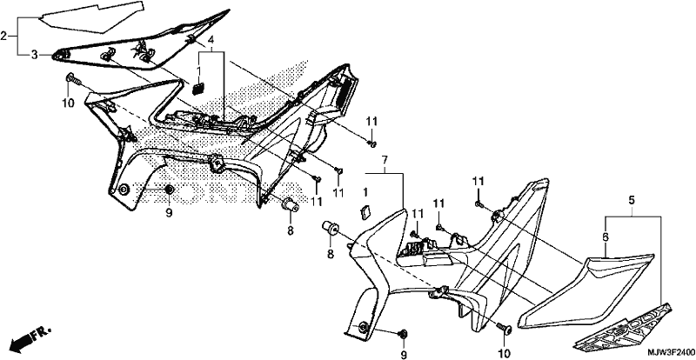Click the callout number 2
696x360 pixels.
click(3, 36)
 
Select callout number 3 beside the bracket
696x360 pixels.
click(34, 55)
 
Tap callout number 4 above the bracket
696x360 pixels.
click(211, 38)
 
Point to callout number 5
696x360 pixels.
click(632, 200)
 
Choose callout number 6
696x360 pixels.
click(605, 238)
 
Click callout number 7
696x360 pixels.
click(385, 159)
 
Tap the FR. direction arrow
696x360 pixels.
click(30, 337)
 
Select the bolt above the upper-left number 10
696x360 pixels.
click(73, 80)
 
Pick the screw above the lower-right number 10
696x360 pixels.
click(505, 328)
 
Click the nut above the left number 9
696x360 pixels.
click(169, 190)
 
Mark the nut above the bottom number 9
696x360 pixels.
click(404, 333)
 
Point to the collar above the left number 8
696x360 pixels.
click(291, 205)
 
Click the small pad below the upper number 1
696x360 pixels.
click(198, 88)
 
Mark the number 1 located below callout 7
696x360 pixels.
click(365, 193)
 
